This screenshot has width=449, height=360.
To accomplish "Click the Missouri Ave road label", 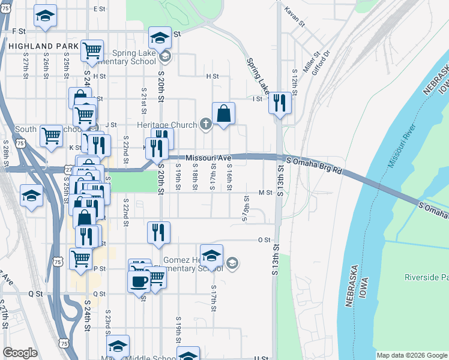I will (208, 158).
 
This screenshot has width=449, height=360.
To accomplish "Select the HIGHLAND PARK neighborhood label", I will (43, 46).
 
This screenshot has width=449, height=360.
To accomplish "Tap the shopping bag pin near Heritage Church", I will (223, 113).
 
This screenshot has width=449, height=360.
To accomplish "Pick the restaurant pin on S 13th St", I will (280, 103).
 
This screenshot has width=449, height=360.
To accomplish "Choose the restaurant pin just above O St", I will (159, 232).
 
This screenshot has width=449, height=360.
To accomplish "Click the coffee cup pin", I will (139, 281).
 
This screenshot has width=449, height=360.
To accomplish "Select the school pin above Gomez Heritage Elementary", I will (211, 256).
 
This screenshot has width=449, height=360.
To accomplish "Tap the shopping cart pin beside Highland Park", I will (92, 51).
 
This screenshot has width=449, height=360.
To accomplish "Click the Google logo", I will (20, 353).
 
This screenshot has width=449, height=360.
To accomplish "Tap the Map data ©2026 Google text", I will (411, 355).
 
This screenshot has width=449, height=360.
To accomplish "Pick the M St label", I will (265, 193).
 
